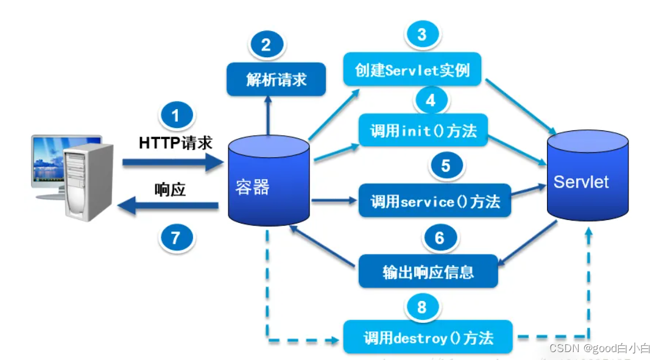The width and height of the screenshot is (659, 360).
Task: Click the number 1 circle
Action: coord(176,116)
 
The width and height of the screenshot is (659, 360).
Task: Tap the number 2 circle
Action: coord(266,44)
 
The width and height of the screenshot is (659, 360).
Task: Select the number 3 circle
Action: coord(421,34)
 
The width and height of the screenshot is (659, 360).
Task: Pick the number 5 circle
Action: coord(446,166)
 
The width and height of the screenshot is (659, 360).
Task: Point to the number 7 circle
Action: coord(176,236)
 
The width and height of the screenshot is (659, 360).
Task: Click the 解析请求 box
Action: coord(276,79)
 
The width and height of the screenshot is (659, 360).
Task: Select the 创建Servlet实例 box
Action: coord(412,69)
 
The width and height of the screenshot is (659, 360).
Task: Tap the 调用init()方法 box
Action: coord(423,130)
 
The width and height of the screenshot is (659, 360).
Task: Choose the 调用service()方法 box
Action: coord(434,200)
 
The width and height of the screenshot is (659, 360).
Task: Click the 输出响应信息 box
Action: coord(428,271)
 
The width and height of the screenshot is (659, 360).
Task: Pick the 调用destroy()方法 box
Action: coord(428,337)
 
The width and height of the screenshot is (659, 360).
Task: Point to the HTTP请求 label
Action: coord(175,143)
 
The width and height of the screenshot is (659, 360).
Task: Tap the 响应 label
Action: coord(170,189)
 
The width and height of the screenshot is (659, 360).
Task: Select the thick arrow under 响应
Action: coord(168,208)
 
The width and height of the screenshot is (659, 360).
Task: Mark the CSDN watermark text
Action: coord(599,348)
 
